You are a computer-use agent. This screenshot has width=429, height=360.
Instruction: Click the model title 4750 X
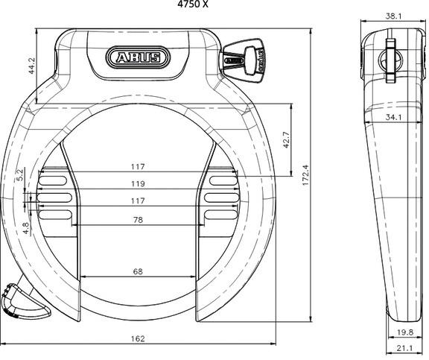(x=192, y=5)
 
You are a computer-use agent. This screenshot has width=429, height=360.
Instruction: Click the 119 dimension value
(x=137, y=183)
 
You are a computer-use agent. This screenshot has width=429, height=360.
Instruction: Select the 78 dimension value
(x=137, y=219)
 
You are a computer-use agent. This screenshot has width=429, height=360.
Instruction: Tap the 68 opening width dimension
(x=137, y=271)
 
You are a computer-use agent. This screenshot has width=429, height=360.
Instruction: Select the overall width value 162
(x=137, y=338)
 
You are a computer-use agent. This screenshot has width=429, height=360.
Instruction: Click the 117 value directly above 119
(x=137, y=166)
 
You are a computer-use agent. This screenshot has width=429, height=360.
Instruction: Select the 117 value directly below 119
(x=137, y=200)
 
